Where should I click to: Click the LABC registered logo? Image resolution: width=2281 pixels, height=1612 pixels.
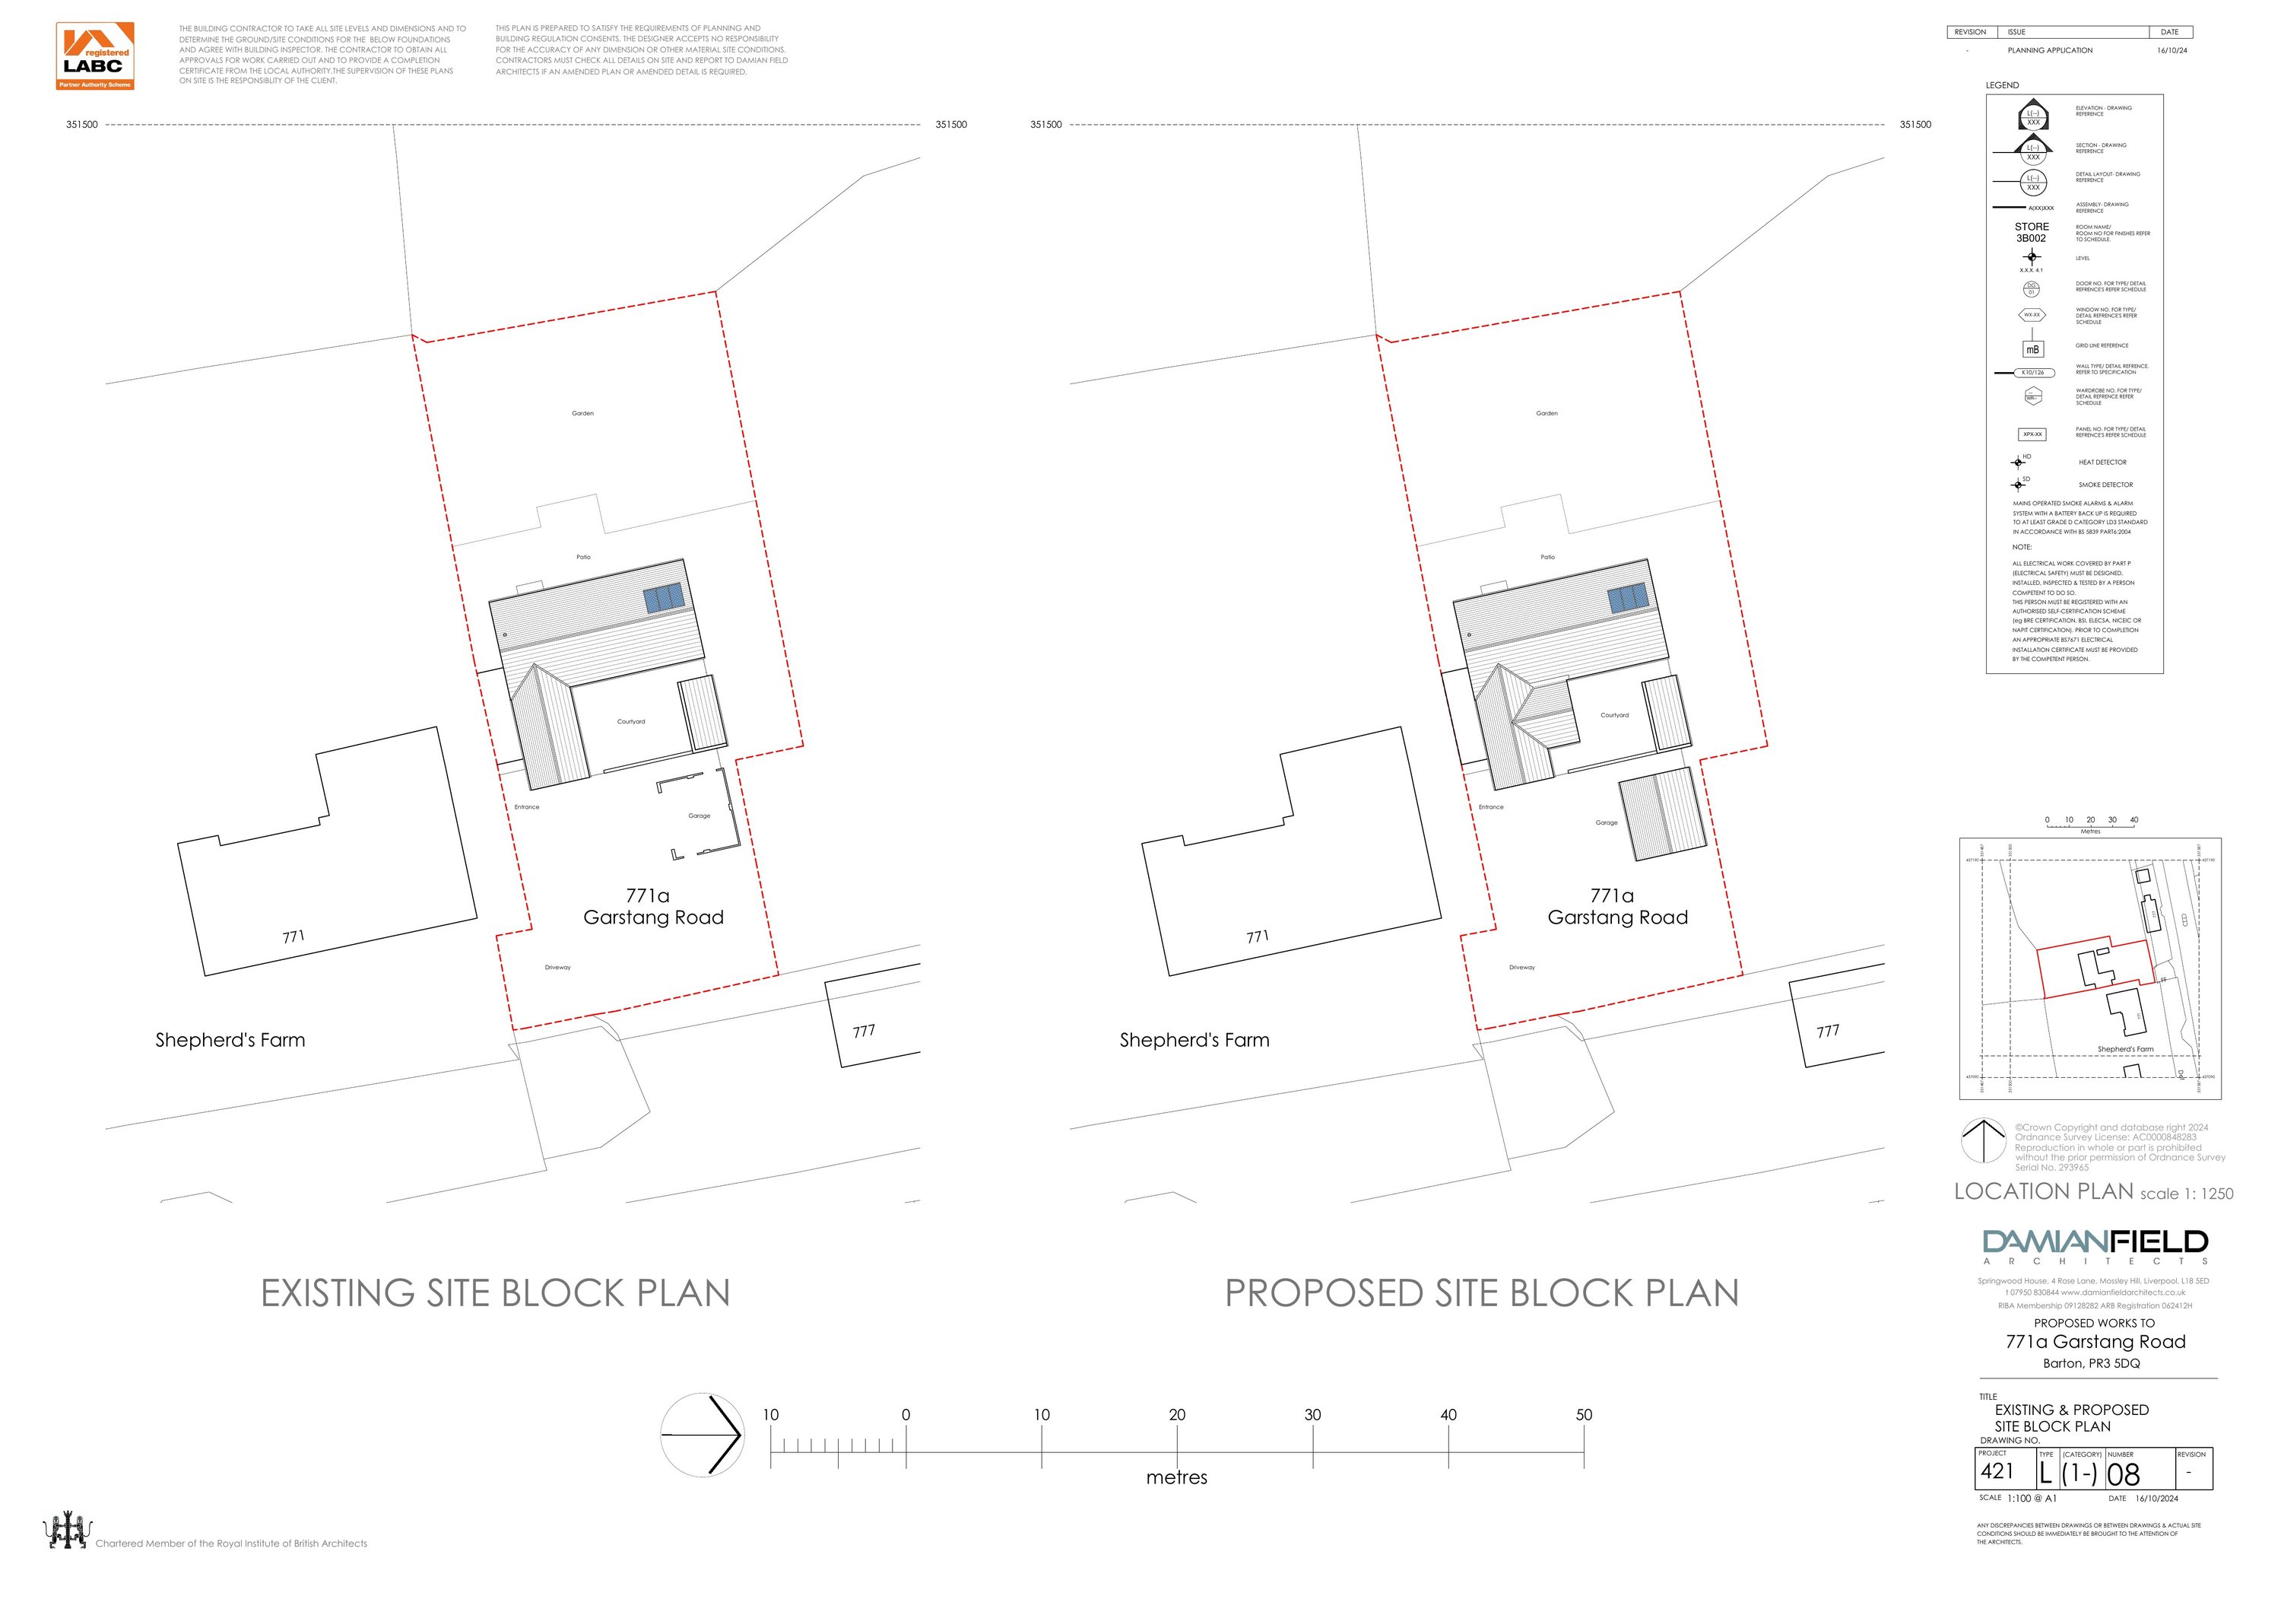coord(94,56)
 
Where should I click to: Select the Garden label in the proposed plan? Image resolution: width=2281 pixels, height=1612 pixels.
coord(1547,413)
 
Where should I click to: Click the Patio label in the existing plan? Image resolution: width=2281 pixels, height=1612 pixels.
coord(583,558)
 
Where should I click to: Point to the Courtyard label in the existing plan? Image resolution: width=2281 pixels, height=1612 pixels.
coord(631,721)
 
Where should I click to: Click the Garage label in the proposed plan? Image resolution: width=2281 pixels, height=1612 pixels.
coord(1607,823)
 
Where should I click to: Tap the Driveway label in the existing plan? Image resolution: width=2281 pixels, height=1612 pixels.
coord(557,967)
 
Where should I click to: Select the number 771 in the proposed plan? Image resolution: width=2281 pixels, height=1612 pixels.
coord(1258,936)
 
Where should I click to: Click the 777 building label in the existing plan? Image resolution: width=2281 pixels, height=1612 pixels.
coord(863,1031)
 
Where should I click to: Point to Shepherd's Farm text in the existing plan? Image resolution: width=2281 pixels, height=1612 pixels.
coord(230,1041)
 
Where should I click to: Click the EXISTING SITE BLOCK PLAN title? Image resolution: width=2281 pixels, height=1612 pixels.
coord(495,1293)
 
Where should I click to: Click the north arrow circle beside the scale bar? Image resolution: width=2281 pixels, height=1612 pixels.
coord(701,1434)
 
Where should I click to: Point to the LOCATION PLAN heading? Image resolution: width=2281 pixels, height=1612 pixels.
coord(2044,1191)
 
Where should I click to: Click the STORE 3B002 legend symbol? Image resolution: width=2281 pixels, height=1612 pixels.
coord(2032,233)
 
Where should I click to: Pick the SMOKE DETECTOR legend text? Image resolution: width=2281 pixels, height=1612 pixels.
coord(2105,485)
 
